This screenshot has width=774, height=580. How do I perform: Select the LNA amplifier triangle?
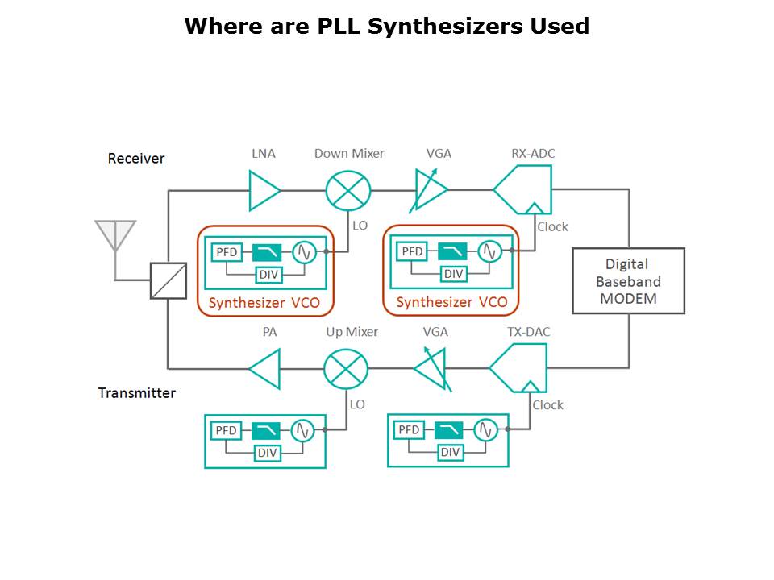(263, 191)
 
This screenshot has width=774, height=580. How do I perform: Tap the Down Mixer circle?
(348, 191)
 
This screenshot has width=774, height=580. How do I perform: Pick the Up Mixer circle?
(346, 370)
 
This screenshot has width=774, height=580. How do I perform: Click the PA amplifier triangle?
(266, 370)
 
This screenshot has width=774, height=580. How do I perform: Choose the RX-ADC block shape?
(524, 190)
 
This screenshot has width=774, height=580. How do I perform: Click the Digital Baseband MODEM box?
(628, 281)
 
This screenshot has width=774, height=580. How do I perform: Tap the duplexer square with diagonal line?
(168, 281)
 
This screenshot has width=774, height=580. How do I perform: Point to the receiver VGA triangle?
(431, 191)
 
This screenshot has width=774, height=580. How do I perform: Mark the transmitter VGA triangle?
(431, 369)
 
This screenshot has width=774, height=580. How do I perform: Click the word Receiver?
(136, 159)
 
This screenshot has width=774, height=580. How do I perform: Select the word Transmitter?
(137, 393)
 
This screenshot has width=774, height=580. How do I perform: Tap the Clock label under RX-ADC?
(552, 227)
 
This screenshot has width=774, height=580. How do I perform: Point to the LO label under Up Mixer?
(357, 404)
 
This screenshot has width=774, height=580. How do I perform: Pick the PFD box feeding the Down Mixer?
(227, 252)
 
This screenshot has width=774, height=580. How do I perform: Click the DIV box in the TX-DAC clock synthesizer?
(450, 452)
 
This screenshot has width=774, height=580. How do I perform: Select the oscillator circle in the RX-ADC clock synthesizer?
(489, 251)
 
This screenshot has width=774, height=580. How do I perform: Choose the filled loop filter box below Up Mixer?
(265, 430)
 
